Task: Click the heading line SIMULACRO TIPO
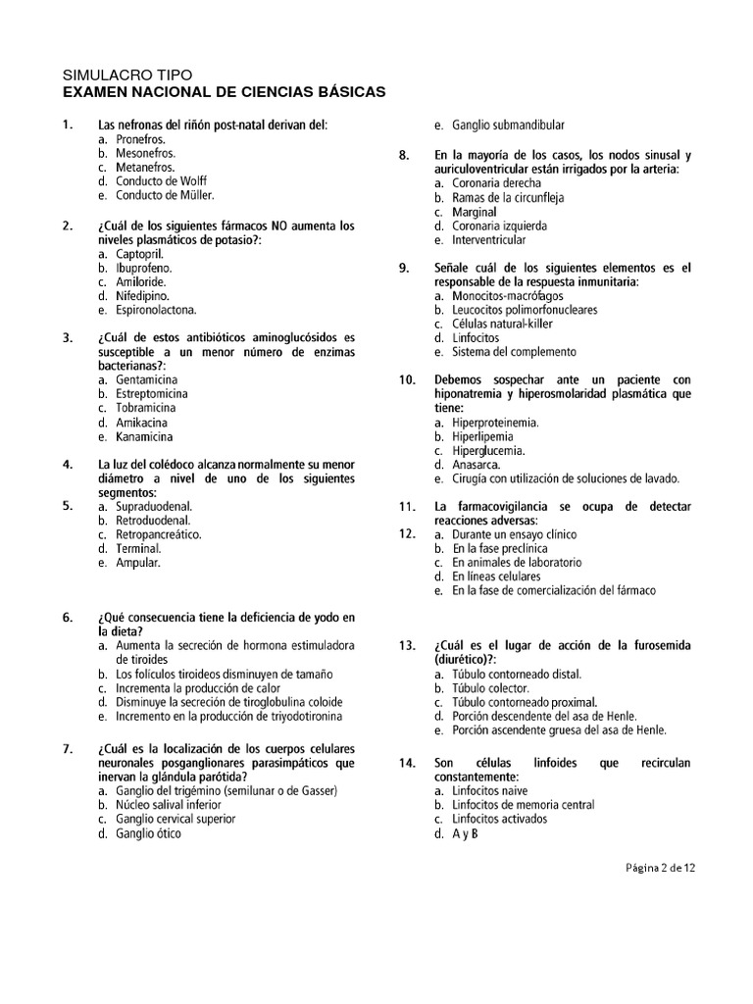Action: tap(127, 75)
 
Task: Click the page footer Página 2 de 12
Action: tap(659, 867)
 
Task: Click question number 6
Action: tap(68, 618)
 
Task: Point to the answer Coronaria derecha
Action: tap(496, 183)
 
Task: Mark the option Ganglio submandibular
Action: tap(508, 125)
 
